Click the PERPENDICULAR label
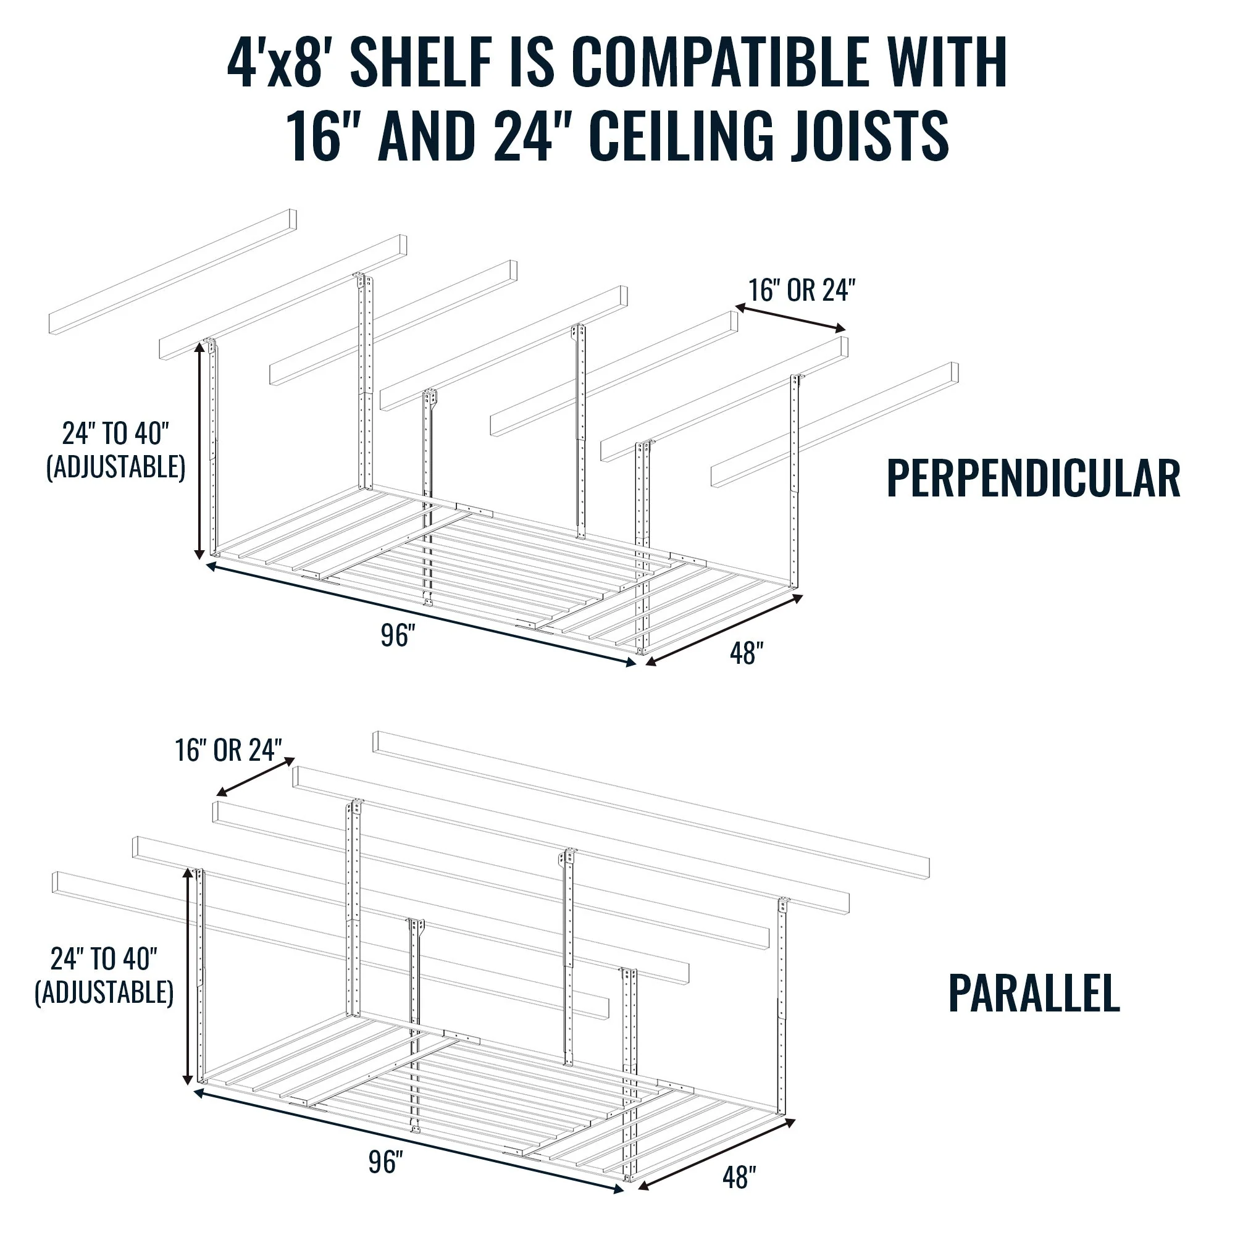[1033, 478]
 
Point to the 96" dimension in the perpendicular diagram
[398, 635]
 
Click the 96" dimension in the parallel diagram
[385, 1162]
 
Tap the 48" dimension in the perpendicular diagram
[746, 653]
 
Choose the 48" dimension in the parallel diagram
[739, 1177]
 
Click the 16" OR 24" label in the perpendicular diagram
[802, 291]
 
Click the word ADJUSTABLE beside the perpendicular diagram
[115, 467]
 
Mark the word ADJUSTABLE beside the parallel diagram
[104, 992]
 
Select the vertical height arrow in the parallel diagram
[188, 976]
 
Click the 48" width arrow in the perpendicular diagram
[724, 630]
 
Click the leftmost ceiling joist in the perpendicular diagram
[173, 271]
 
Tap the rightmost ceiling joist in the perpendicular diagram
[834, 425]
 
